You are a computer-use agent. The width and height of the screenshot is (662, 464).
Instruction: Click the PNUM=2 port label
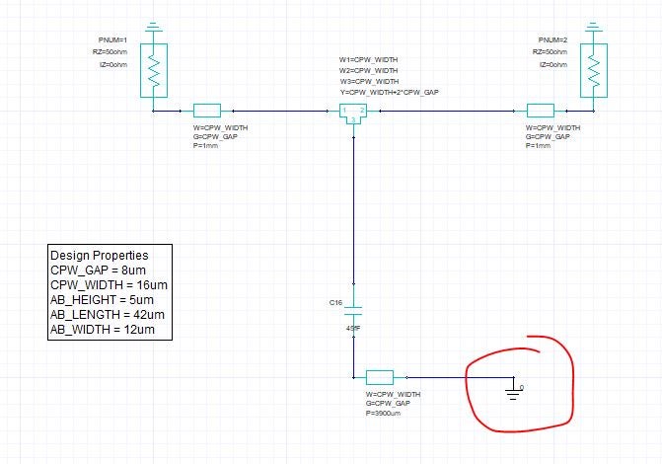550,39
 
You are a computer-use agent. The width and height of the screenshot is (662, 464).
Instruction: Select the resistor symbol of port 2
594,69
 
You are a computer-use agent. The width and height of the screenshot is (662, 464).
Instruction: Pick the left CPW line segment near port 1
207,112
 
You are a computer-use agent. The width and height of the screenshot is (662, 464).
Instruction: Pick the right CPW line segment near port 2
542,112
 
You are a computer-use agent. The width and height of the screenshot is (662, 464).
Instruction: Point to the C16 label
335,303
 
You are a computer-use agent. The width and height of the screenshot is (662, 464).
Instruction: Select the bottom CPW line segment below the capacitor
380,376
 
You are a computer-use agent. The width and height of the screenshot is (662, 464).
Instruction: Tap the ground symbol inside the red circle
514,391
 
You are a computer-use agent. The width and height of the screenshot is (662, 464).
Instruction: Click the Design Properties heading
99,255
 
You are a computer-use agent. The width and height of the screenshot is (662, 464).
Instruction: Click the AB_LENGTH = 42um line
106,315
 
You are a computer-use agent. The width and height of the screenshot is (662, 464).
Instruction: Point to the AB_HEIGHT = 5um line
102,300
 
